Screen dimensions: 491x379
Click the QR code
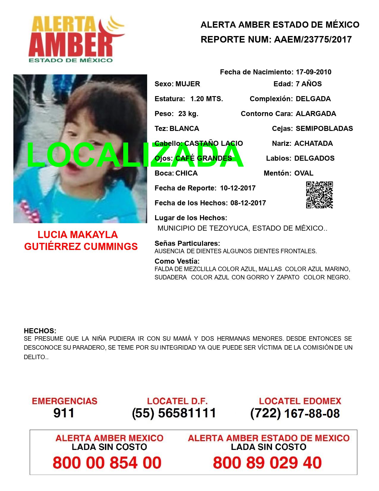pos(319,195)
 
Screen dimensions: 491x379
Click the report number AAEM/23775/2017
pos(313,39)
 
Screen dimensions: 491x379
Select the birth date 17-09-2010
pos(313,72)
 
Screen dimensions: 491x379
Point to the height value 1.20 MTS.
pos(207,99)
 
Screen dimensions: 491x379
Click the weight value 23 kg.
pos(188,114)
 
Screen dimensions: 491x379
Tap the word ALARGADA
pos(316,114)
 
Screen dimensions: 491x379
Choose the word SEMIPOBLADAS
pos(324,129)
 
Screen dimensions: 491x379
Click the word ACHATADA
pos(313,143)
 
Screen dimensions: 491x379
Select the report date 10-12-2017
pos(238,188)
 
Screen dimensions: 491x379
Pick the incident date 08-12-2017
pos(248,203)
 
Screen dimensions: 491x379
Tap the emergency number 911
pos(64,413)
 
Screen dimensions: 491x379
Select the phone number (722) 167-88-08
pos(295,413)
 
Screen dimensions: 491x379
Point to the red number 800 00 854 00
pos(107,463)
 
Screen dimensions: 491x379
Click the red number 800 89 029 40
pos(267,463)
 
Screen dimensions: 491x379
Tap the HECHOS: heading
pos(40,331)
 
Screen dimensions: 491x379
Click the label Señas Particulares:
pos(187,243)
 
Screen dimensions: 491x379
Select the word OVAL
pos(304,173)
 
